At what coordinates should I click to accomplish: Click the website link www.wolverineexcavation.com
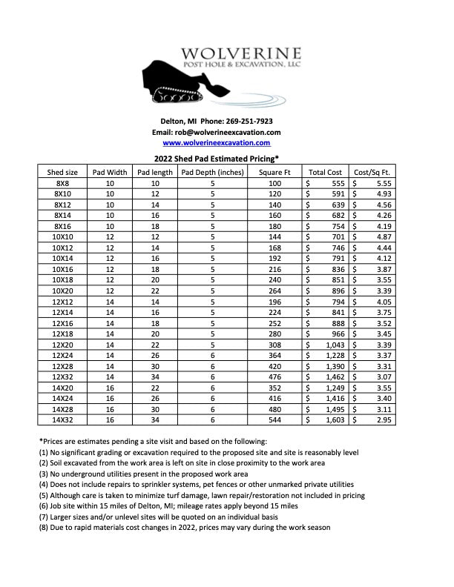click(216, 142)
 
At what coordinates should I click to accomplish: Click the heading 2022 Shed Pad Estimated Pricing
click(216, 159)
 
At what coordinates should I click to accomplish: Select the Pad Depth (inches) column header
click(211, 172)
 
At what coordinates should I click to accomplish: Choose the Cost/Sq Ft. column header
click(374, 172)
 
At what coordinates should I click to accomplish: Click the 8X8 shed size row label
click(62, 183)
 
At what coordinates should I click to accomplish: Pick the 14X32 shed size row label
click(62, 419)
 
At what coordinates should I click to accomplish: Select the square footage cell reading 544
click(275, 419)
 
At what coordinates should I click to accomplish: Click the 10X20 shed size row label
click(62, 291)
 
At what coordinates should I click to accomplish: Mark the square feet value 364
click(275, 355)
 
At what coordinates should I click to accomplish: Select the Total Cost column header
click(325, 172)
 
